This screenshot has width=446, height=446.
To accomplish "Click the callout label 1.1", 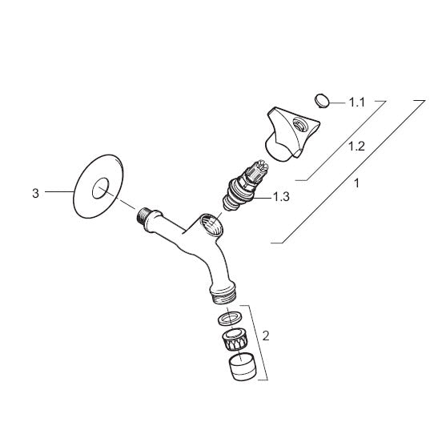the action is pos(356,102).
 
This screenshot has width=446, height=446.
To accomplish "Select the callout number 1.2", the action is pos(356,147).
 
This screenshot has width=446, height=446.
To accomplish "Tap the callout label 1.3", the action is pos(281,196).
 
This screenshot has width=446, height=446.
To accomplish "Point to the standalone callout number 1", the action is pos(356,183).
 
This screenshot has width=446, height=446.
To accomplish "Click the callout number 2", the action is pos(266,336).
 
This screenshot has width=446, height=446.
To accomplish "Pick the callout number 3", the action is pos(35,194).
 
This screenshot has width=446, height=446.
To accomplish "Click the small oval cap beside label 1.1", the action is pos(322,101).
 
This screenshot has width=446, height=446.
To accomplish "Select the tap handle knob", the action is pos(292,134).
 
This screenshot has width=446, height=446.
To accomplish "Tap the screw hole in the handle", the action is pos(299,125).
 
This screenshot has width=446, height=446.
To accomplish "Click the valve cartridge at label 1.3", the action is pos(244,185).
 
